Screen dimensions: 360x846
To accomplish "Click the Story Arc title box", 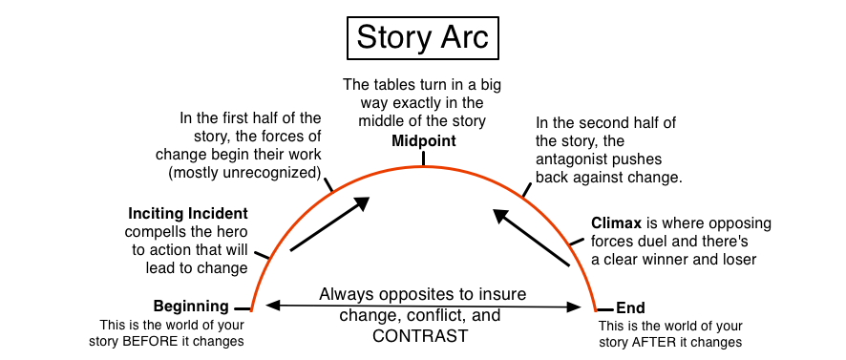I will coord(423,37).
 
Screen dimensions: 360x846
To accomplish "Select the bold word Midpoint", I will coord(423,141).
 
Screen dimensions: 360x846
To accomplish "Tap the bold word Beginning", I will coord(191,307).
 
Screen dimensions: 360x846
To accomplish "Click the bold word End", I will coord(630,307).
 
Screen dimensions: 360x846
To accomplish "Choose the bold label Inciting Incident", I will coord(186,212).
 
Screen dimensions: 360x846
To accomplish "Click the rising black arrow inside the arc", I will coord(328,225).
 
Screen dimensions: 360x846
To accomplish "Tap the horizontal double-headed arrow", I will coord(423,306).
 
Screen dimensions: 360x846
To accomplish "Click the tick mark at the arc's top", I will coord(423,158).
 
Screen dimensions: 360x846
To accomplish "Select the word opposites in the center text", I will coord(431,294).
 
